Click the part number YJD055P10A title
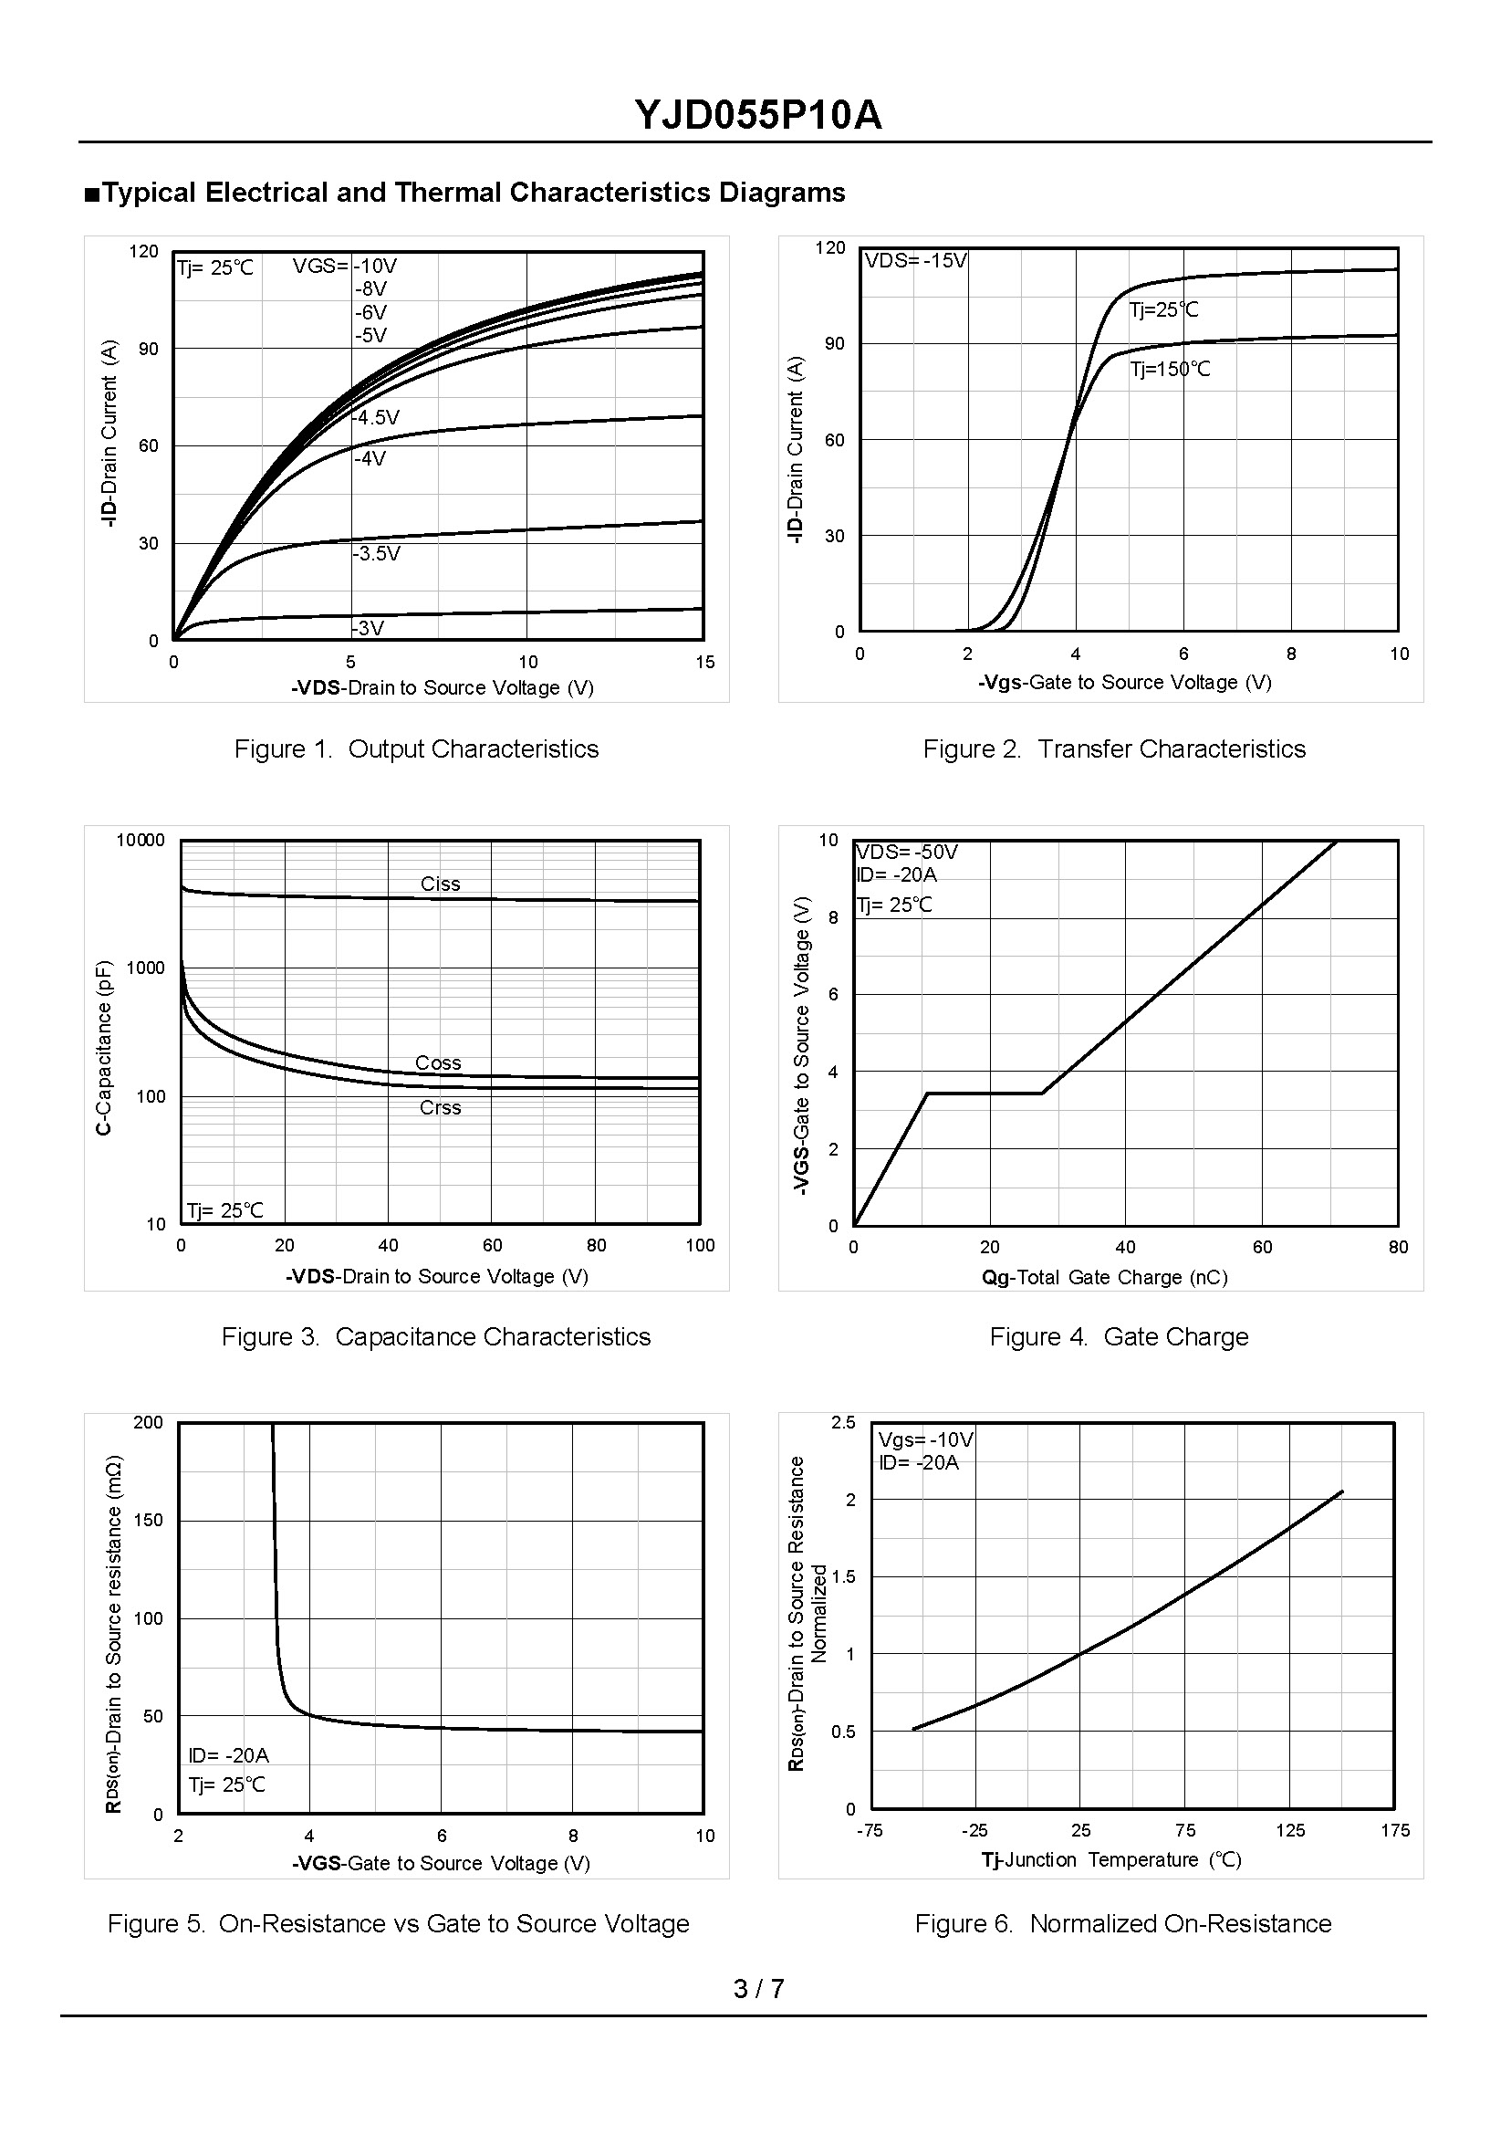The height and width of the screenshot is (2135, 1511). pos(758,116)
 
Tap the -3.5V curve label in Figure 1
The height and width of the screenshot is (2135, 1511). pos(377,554)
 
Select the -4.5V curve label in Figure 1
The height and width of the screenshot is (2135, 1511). pos(377,418)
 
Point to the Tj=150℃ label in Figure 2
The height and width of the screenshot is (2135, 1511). pos(1171,370)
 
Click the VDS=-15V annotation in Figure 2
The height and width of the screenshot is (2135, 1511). pos(915,260)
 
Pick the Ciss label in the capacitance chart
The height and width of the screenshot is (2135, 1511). pos(440,884)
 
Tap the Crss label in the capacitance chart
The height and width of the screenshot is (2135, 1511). pos(440,1107)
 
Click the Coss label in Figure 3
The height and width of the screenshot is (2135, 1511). pos(438,1062)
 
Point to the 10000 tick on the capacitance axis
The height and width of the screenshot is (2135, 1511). pos(141,841)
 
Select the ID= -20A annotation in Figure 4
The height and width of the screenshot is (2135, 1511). pos(897,874)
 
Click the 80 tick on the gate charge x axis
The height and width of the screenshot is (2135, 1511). pos(1398,1247)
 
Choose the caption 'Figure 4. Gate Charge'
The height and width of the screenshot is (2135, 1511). pos(1119,1336)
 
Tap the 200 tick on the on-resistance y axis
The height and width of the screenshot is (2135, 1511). pos(148,1423)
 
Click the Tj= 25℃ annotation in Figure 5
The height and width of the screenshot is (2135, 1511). pos(227,1784)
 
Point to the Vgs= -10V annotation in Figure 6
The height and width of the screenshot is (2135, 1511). pos(926,1440)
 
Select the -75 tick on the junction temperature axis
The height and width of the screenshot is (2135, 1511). pos(869,1831)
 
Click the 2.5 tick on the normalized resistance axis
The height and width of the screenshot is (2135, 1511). pos(843,1423)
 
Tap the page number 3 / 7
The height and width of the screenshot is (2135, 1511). pos(758,1989)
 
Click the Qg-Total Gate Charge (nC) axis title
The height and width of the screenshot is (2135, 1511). pos(1104,1278)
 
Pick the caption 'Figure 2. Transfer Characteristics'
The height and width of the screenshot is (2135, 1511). pos(1114,749)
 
